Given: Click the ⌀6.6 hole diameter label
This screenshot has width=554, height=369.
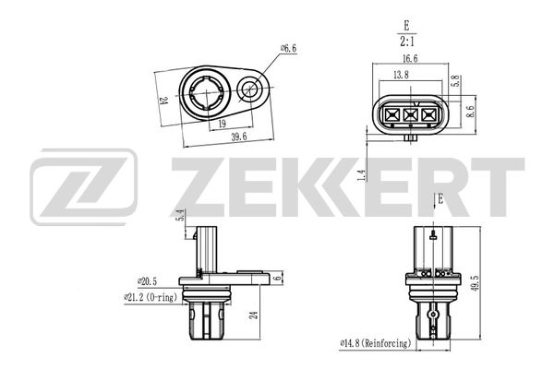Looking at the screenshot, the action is pyautogui.click(x=288, y=48).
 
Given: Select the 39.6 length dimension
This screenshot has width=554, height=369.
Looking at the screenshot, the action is pyautogui.click(x=239, y=137).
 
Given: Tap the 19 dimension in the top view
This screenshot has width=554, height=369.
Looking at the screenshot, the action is pyautogui.click(x=222, y=124).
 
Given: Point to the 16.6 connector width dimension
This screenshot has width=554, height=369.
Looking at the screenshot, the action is pyautogui.click(x=410, y=59).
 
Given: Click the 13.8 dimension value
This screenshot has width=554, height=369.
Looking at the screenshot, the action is pyautogui.click(x=401, y=75).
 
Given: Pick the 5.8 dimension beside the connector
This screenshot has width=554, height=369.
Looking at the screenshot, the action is pyautogui.click(x=456, y=81).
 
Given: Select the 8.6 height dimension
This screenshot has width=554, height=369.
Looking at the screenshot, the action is pyautogui.click(x=471, y=112).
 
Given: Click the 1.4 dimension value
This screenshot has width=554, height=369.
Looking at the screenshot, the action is pyautogui.click(x=361, y=175).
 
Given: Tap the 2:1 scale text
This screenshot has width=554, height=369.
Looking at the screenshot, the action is pyautogui.click(x=407, y=42).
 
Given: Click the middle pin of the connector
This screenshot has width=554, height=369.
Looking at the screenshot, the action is pyautogui.click(x=411, y=114).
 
